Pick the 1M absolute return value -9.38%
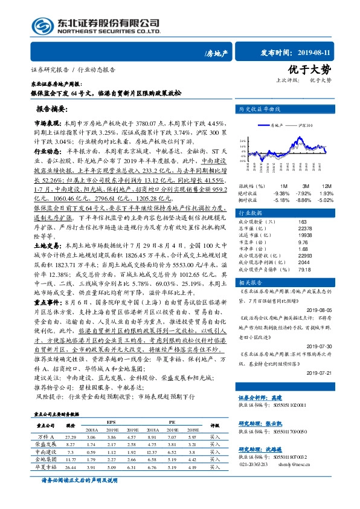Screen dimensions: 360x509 click(282, 193)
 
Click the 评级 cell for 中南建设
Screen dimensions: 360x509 click(214, 452)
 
